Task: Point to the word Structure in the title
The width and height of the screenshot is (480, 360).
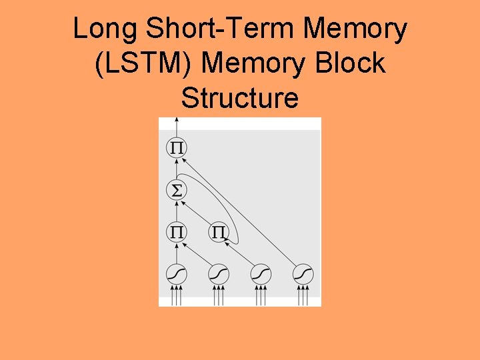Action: [239, 99]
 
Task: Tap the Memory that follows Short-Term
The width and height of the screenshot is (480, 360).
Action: [355, 29]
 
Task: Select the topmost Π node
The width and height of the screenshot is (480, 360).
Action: [176, 147]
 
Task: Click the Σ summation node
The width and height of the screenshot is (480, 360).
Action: [176, 191]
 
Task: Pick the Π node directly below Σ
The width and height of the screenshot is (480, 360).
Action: [176, 233]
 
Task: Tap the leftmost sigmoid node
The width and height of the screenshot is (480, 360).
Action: [176, 274]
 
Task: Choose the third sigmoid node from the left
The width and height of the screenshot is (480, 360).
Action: [261, 274]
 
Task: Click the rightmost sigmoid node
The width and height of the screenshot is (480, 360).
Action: [303, 274]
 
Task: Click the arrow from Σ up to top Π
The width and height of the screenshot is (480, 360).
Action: [176, 169]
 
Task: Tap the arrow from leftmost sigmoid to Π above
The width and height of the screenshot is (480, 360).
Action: [176, 253]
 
